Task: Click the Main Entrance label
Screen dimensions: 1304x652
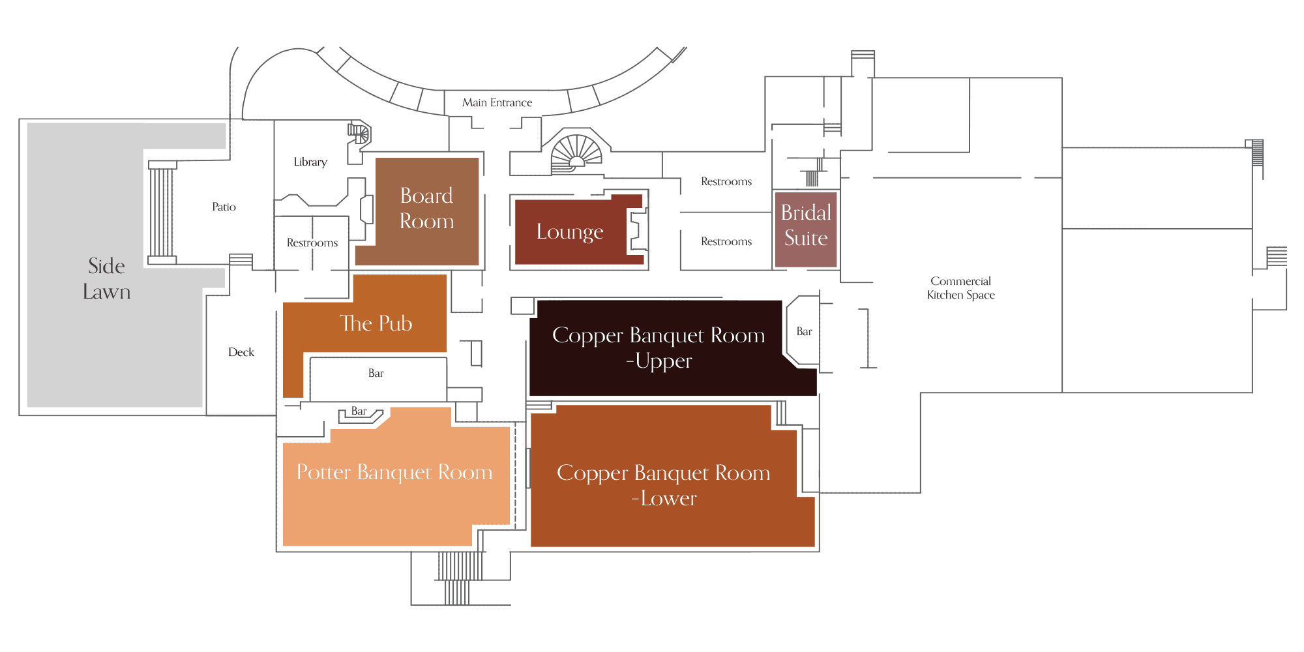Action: click(497, 102)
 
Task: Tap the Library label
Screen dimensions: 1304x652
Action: click(310, 162)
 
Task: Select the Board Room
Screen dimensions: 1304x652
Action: click(426, 211)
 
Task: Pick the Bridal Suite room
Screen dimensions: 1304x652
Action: click(806, 230)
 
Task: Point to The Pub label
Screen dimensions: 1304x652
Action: click(376, 323)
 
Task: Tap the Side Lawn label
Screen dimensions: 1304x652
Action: click(107, 278)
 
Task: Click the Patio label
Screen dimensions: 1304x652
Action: click(224, 207)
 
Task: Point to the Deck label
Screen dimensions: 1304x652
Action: click(241, 352)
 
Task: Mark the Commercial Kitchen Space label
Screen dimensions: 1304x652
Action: click(960, 288)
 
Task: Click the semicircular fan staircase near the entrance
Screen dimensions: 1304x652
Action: click(576, 151)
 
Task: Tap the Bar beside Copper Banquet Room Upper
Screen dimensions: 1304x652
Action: click(803, 331)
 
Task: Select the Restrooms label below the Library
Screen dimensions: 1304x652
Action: click(312, 243)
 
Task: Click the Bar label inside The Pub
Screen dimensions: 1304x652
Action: click(376, 373)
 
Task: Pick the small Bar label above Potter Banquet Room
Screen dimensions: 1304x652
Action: click(359, 411)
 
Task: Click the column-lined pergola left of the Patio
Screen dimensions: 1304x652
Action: click(162, 212)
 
